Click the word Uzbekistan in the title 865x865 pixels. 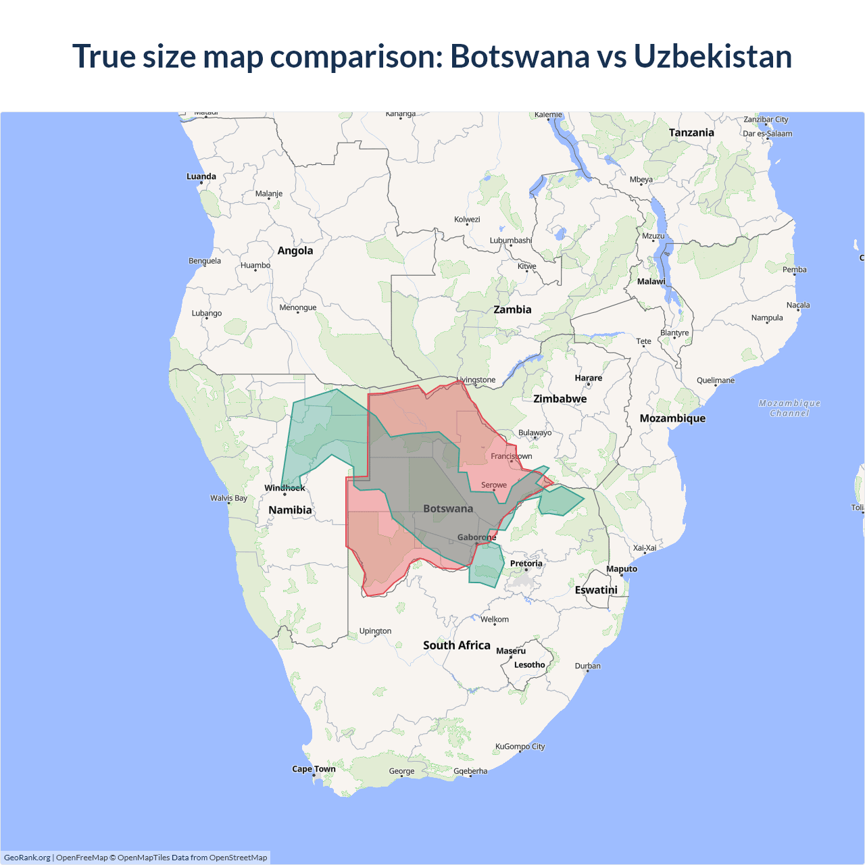712,56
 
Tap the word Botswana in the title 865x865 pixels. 520,56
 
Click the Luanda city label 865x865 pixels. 201,176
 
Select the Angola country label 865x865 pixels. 295,251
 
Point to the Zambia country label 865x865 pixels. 512,310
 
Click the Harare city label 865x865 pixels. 588,378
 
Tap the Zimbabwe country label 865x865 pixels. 560,399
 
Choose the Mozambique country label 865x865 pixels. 672,418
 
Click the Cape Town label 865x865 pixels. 314,769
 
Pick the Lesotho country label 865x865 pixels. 529,665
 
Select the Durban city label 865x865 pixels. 587,666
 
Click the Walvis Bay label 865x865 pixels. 228,498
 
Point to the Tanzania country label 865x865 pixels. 691,132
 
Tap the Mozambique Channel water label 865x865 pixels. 789,408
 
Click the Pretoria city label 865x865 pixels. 526,564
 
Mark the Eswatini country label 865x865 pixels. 596,590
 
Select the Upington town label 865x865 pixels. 375,631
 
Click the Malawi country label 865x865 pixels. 651,281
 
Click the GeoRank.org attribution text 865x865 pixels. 27,858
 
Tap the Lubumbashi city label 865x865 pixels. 510,241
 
